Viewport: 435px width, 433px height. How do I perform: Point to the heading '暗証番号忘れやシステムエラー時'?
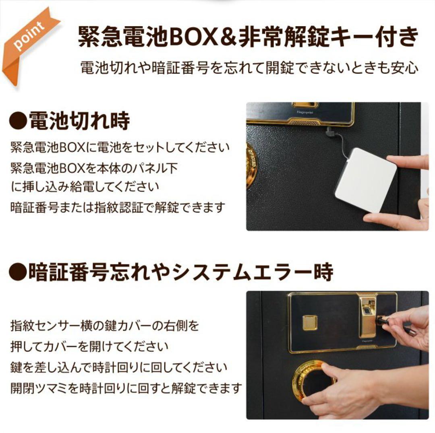[180, 272]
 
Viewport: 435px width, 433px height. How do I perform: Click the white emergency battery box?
[365, 179]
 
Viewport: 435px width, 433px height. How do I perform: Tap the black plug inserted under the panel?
[330, 132]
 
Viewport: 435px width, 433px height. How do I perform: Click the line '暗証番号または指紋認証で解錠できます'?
[117, 207]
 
